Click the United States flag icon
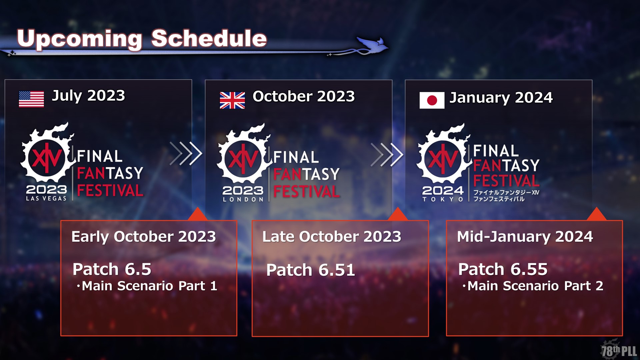(31, 99)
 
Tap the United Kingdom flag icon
(232, 100)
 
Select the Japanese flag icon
(432, 100)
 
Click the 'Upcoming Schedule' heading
(142, 39)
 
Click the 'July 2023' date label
(88, 96)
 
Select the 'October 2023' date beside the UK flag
(304, 96)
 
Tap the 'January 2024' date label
(501, 98)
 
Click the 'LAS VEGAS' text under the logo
(46, 198)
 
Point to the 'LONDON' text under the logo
(243, 199)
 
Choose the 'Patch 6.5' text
(112, 269)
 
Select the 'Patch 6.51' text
(311, 270)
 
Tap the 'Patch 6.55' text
(503, 269)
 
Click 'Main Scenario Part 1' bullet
(147, 286)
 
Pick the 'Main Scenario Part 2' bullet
(533, 286)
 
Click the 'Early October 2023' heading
(144, 237)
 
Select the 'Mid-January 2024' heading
(525, 237)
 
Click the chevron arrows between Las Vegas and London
(186, 154)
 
